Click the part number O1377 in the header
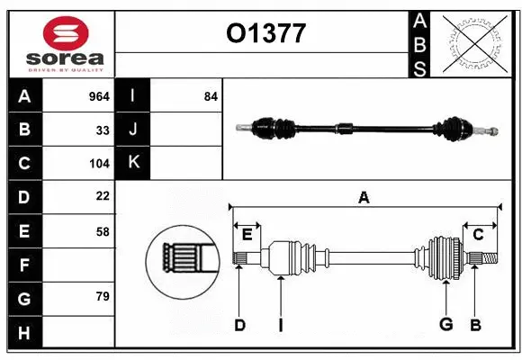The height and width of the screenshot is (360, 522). coord(265,34)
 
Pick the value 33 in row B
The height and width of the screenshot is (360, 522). coord(103,130)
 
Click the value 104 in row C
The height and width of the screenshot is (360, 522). coord(99,164)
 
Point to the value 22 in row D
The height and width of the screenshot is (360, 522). coord(103,196)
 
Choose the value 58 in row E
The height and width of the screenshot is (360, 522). coord(103,231)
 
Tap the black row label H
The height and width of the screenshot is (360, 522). coord(24,333)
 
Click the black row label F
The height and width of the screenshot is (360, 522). coord(24,265)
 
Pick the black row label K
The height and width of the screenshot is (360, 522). coord(133,163)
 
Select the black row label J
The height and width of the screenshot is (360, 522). coord(133,130)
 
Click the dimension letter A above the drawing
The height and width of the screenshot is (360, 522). coord(364,197)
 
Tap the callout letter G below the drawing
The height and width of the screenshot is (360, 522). coord(445,325)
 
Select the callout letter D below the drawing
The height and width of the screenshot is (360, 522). coord(239,325)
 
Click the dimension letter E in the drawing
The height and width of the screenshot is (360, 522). coord(247,235)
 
